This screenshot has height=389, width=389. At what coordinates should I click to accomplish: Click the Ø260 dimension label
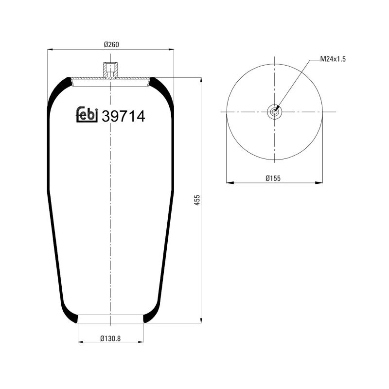(111, 45)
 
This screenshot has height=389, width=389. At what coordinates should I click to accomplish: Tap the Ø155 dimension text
(273, 178)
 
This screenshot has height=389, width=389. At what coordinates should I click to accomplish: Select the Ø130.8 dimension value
(111, 337)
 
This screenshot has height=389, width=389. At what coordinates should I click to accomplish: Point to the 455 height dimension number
(197, 200)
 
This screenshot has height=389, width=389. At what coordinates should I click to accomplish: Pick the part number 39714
(123, 116)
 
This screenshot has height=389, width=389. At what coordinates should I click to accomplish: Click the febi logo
(88, 114)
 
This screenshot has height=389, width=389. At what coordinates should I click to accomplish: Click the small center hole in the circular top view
(275, 112)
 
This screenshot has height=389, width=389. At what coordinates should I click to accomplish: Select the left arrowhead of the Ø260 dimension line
(50, 49)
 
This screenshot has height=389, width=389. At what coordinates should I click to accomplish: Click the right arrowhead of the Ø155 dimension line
(319, 183)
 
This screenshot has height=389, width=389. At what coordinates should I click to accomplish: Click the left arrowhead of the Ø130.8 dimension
(80, 341)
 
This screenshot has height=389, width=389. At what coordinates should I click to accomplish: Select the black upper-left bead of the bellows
(59, 89)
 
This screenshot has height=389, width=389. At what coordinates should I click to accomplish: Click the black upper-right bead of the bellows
(162, 89)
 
